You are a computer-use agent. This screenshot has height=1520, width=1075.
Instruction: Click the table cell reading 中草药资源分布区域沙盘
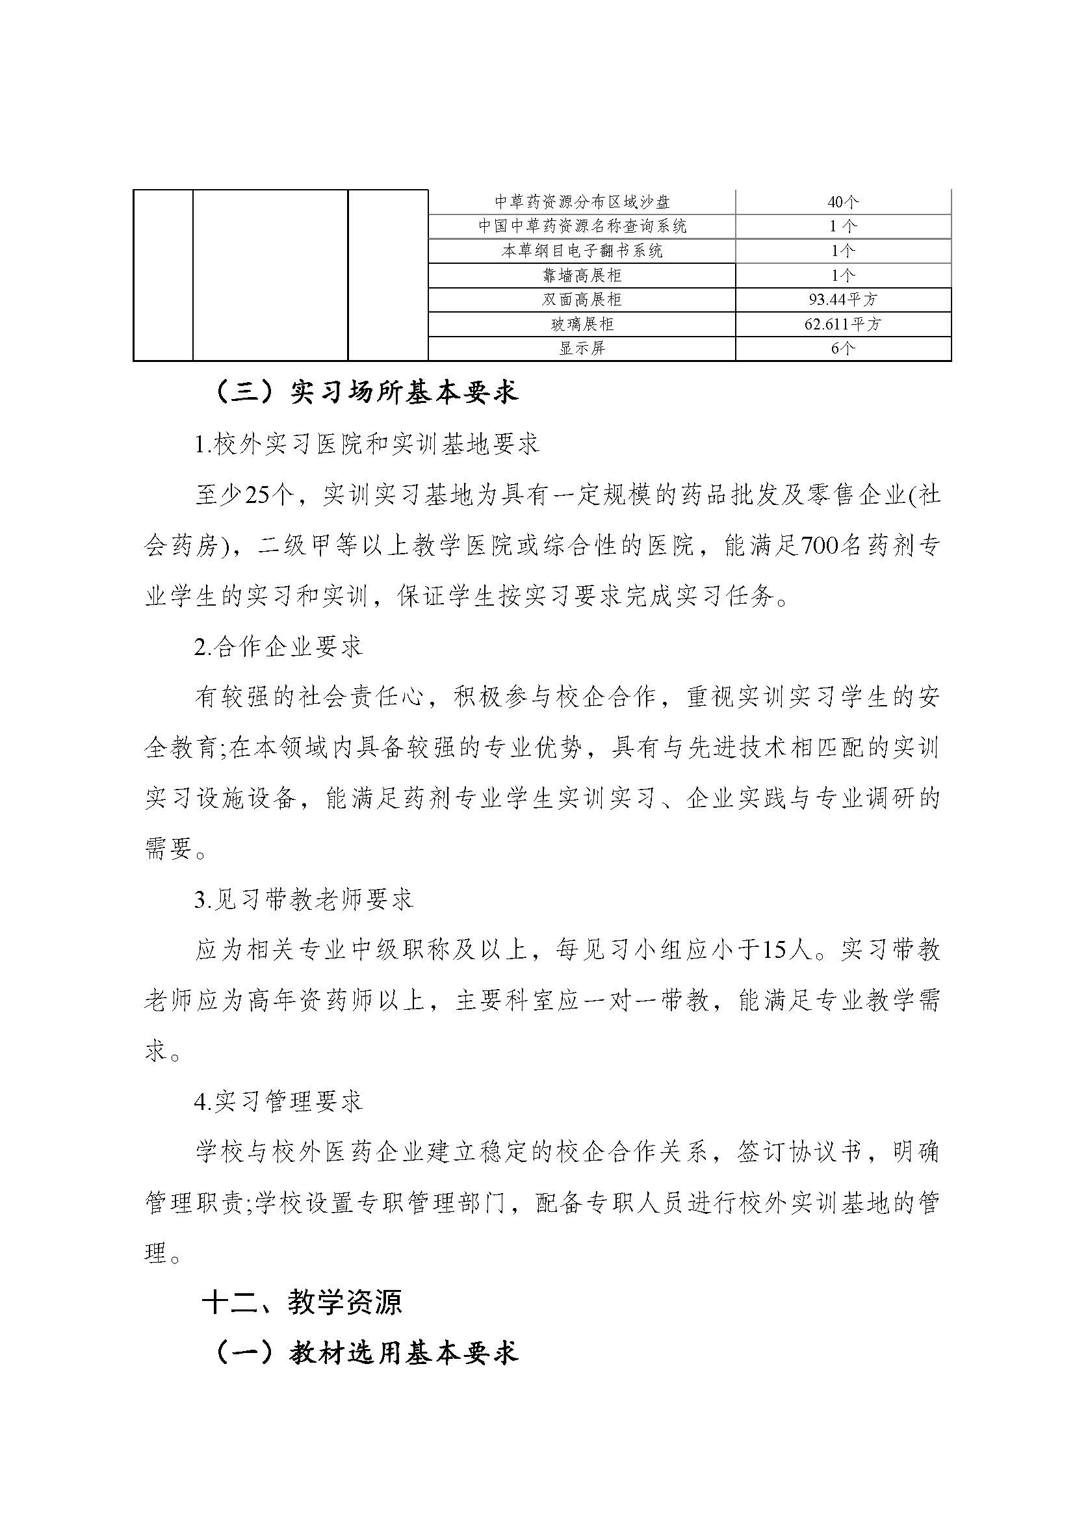click(582, 201)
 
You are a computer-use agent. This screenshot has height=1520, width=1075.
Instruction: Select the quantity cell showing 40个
click(843, 201)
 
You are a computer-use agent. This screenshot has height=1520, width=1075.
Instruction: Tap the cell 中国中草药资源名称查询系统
click(582, 226)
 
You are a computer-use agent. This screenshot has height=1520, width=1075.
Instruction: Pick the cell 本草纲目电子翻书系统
click(582, 251)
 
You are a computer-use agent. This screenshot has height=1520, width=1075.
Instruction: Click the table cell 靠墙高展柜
click(582, 276)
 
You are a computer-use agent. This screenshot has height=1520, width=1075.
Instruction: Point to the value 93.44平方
click(843, 300)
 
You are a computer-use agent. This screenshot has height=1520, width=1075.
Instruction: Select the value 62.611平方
click(843, 324)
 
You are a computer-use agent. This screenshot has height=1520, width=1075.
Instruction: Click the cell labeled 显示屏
click(582, 348)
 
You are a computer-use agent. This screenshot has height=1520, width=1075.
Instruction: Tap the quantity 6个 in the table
click(843, 348)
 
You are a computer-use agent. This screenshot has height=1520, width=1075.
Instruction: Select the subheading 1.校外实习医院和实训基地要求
click(367, 444)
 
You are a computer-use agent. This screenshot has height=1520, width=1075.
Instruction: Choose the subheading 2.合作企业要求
click(279, 647)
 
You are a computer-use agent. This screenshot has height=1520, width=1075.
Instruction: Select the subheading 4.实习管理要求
click(279, 1101)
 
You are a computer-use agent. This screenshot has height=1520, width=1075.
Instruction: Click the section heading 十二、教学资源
click(302, 1304)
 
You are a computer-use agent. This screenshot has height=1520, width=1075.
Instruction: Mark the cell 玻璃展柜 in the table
click(582, 324)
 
